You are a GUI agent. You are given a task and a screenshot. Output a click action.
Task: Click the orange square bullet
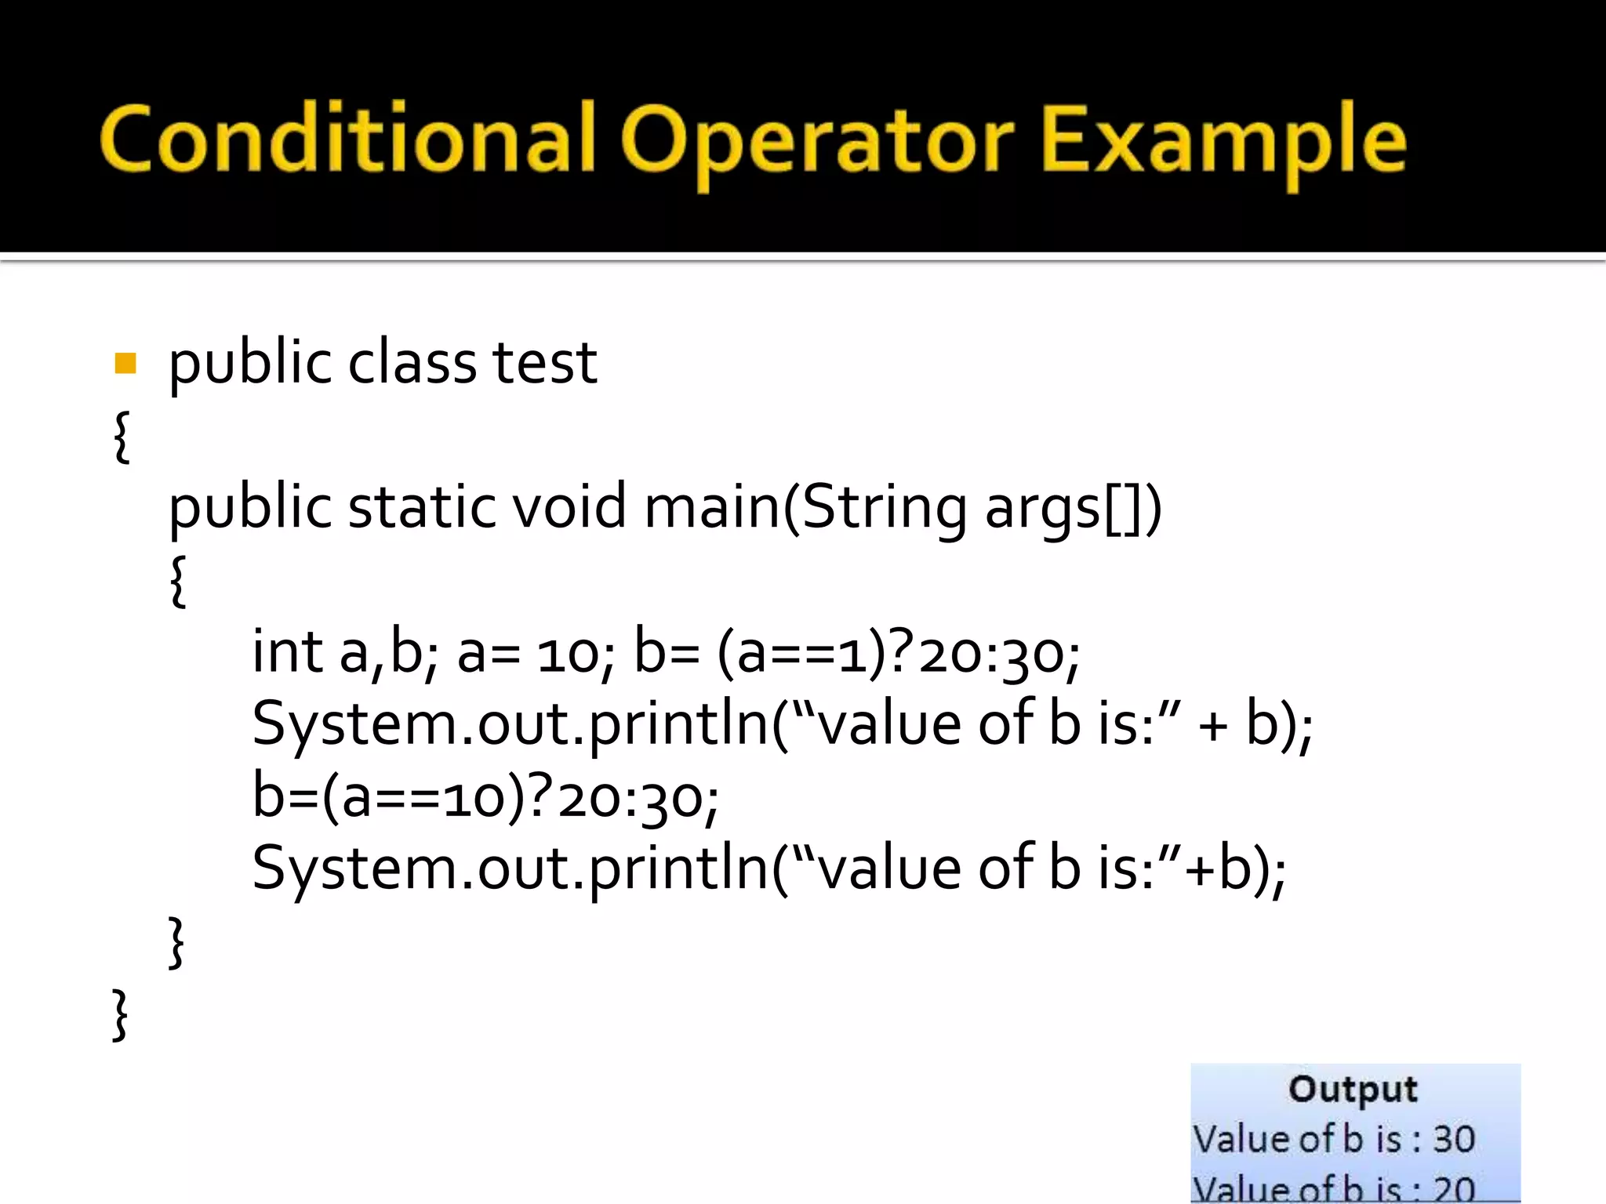125,364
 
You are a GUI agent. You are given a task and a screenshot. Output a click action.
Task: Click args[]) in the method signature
1073,508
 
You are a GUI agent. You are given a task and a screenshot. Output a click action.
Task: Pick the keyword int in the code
287,651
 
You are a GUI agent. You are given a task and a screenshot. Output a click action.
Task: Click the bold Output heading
1353,1090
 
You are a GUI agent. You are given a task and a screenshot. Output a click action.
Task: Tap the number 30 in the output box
1454,1139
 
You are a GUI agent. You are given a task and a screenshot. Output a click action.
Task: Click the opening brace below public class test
122,436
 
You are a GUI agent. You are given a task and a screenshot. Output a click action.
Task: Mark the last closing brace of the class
120,1015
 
